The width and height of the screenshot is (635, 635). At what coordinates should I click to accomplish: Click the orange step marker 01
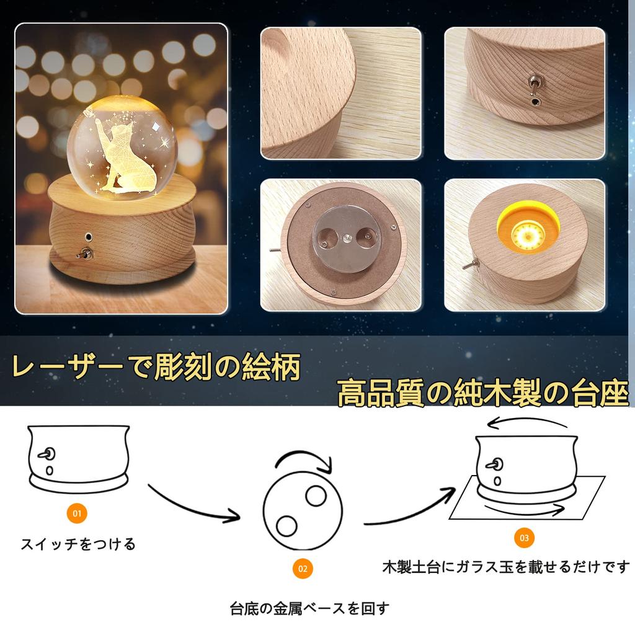click(76, 513)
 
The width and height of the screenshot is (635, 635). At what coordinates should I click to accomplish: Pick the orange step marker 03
click(524, 538)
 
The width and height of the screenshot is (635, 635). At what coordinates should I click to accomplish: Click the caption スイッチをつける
click(78, 544)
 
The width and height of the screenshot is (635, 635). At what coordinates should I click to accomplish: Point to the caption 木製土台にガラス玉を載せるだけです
click(505, 567)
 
